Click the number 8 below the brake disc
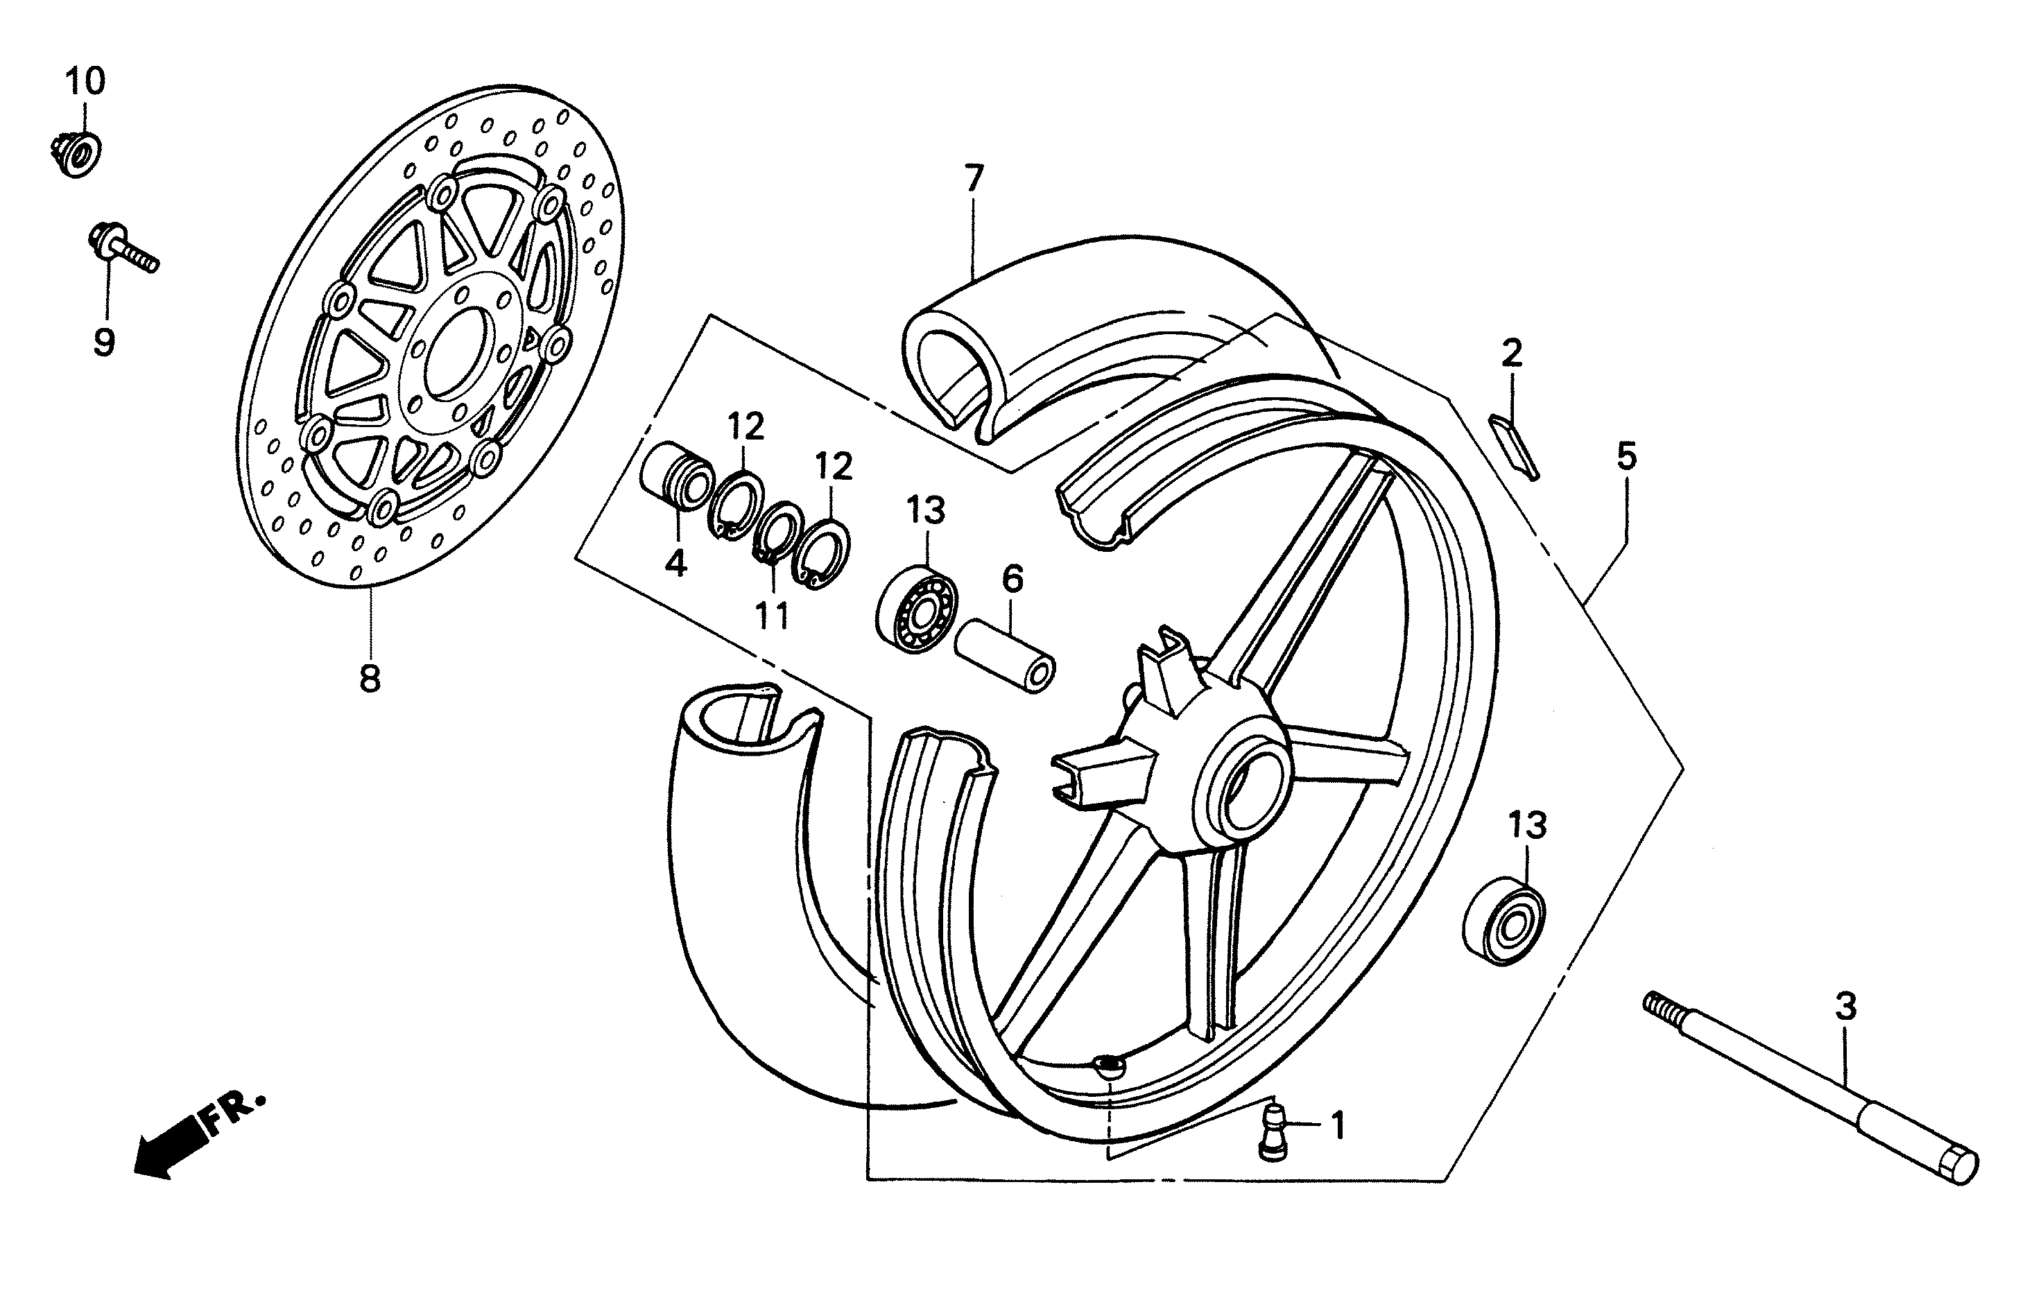(x=370, y=677)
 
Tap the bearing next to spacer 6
(x=917, y=609)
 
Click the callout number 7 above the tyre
(x=973, y=178)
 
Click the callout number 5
(x=1627, y=458)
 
